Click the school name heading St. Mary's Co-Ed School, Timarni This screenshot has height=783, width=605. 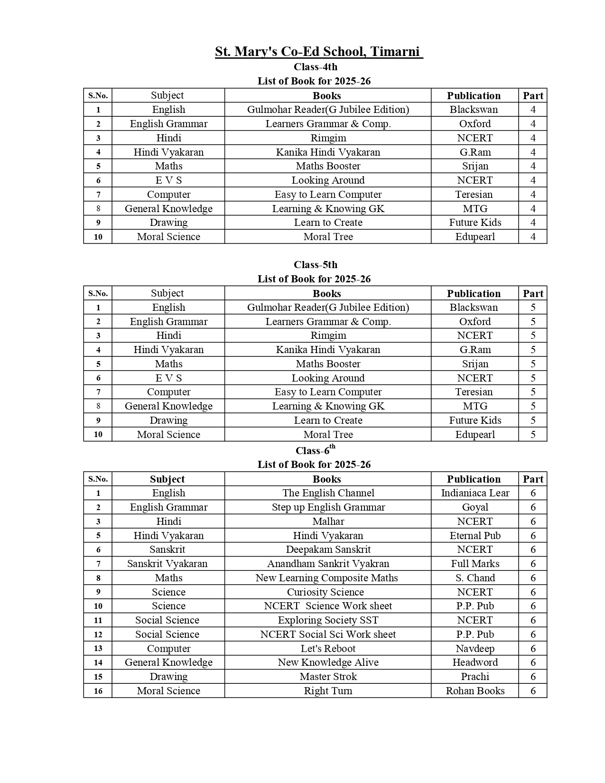click(318, 51)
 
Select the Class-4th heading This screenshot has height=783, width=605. click(316, 67)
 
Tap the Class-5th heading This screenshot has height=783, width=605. click(316, 265)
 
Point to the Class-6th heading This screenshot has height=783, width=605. click(316, 450)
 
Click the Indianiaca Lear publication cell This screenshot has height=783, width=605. click(475, 493)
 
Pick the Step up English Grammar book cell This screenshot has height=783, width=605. click(328, 507)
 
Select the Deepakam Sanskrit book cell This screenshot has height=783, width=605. click(328, 550)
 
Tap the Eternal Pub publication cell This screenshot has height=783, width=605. click(475, 536)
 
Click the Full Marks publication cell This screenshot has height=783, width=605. click(475, 564)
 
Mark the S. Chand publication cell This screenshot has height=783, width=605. click(475, 578)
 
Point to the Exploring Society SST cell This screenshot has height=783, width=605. click(328, 620)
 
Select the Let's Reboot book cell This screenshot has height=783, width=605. click(328, 649)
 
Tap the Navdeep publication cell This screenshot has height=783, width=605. click(475, 649)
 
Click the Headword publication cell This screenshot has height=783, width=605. click(475, 662)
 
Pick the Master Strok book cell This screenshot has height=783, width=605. click(328, 677)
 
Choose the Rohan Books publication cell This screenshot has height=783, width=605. click(475, 691)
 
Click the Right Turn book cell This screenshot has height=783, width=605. click(328, 691)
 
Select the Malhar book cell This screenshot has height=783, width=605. click(328, 522)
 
